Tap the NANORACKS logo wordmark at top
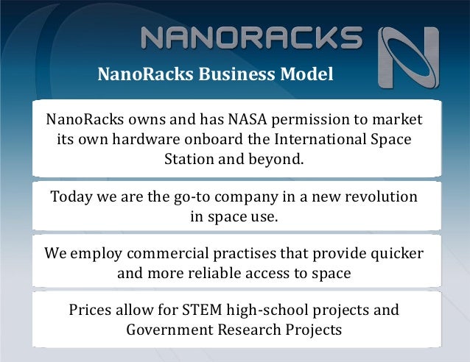(x=250, y=38)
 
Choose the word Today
(x=72, y=198)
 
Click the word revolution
(x=376, y=198)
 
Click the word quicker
(x=396, y=254)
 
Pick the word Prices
(x=91, y=310)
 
